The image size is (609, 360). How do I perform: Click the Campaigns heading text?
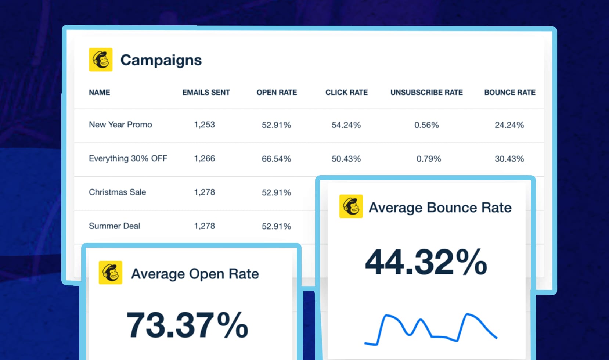[x=161, y=60]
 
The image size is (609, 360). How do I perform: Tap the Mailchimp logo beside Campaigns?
[x=101, y=60]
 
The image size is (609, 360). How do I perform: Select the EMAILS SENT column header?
[x=206, y=93]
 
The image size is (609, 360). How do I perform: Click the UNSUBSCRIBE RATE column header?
[x=426, y=93]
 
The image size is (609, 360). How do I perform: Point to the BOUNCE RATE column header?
[x=509, y=93]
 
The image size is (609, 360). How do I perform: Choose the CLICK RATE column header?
[x=346, y=93]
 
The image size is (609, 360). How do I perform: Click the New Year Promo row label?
[x=120, y=125]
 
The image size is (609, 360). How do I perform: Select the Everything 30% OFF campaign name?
[x=128, y=159]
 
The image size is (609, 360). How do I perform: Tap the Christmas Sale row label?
[x=118, y=192]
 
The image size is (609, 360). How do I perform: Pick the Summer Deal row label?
[x=115, y=226]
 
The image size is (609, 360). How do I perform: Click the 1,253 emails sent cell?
[x=205, y=125]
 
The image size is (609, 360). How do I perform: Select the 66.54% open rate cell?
[x=276, y=159]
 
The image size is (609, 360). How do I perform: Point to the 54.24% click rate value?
[x=346, y=125]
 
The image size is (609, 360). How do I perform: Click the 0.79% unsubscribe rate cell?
[x=429, y=159]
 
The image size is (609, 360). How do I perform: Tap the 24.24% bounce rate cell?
[x=509, y=125]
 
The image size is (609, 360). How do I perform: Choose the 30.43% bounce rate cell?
[x=509, y=159]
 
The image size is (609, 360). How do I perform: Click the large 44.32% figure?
[x=426, y=262]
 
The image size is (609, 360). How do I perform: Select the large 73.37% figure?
[x=187, y=325]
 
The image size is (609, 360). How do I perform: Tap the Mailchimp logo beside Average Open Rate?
[x=111, y=273]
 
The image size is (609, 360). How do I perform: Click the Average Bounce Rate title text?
[x=440, y=208]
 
